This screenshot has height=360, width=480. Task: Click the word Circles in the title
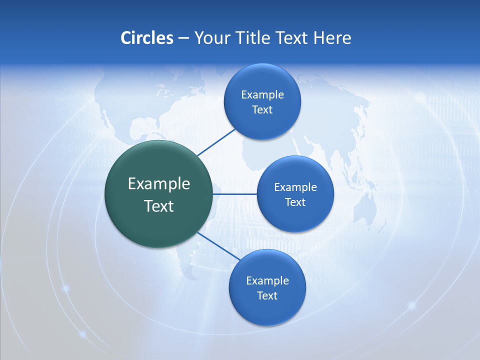click(x=146, y=38)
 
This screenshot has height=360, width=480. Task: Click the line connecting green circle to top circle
click(x=216, y=141)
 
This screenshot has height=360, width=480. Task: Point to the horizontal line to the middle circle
click(x=234, y=194)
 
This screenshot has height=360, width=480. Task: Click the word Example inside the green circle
click(x=158, y=183)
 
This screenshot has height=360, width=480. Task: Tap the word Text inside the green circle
click(x=158, y=206)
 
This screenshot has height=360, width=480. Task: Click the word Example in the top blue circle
click(x=262, y=94)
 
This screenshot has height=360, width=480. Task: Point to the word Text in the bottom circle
click(x=267, y=295)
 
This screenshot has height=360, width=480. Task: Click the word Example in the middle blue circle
click(x=295, y=187)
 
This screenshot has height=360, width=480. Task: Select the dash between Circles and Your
click(x=183, y=38)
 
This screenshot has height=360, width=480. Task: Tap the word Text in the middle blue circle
click(x=295, y=202)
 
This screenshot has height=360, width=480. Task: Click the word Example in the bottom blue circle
click(x=267, y=280)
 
